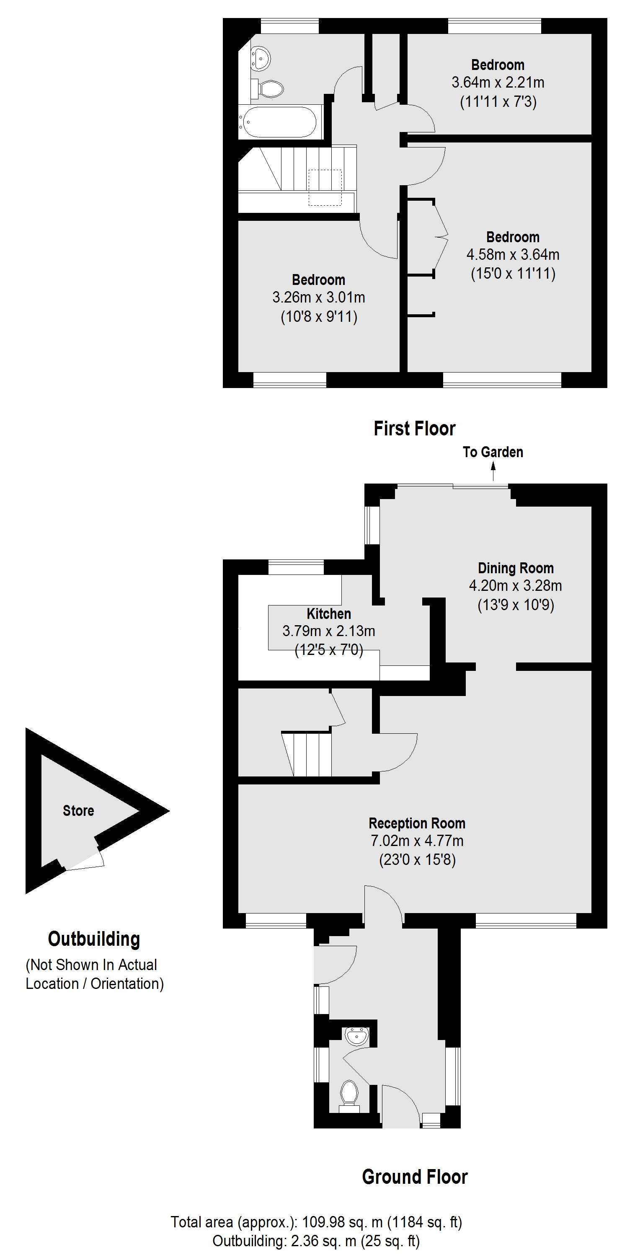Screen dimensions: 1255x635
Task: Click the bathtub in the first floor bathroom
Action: click(x=279, y=122)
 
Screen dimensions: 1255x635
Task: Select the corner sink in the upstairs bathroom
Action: click(x=260, y=57)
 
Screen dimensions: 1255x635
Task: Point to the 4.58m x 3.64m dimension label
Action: click(x=512, y=254)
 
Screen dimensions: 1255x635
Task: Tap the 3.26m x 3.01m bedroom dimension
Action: click(x=318, y=297)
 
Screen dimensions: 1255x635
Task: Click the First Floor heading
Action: click(x=414, y=429)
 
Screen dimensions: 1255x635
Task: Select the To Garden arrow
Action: click(x=493, y=470)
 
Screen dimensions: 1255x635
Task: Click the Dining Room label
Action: click(x=515, y=568)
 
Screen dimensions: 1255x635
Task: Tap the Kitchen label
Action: click(x=329, y=613)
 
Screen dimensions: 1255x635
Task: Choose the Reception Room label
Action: click(x=417, y=823)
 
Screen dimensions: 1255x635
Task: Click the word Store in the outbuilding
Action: click(x=78, y=811)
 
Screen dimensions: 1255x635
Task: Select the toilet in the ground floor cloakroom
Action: click(x=348, y=1093)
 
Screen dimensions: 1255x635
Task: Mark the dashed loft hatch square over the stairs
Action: click(x=325, y=187)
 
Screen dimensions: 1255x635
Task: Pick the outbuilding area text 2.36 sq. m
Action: click(x=323, y=1241)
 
